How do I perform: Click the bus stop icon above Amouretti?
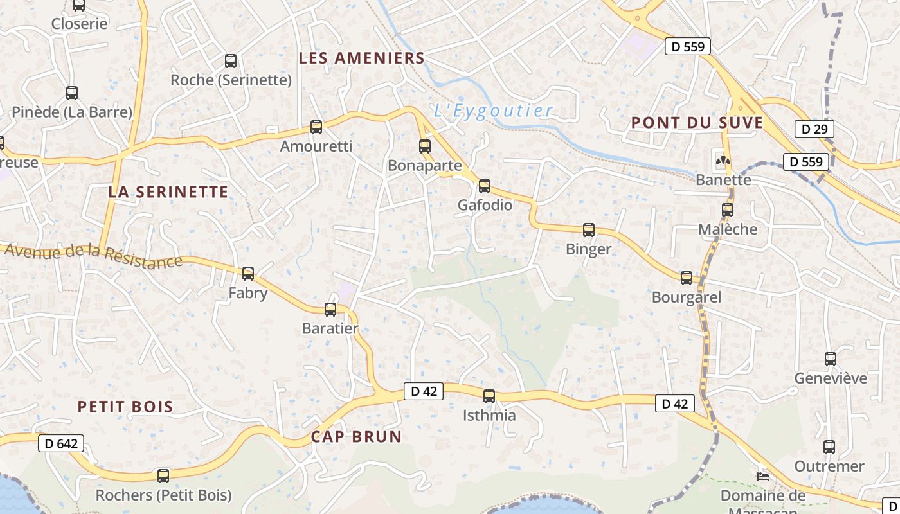(x=316, y=127)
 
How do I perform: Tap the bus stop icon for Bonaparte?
(x=425, y=146)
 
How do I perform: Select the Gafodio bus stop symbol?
(x=485, y=186)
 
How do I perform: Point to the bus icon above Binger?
(x=589, y=229)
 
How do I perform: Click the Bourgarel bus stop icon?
(x=687, y=278)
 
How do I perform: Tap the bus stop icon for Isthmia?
(x=489, y=396)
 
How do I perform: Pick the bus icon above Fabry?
(x=248, y=274)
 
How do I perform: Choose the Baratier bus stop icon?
(x=330, y=310)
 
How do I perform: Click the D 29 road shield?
(x=814, y=129)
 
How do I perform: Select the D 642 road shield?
(x=62, y=443)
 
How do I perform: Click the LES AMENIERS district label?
(x=362, y=58)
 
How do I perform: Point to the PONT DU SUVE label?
(x=697, y=123)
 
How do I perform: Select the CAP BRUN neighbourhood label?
(x=356, y=437)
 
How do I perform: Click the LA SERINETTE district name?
(x=168, y=191)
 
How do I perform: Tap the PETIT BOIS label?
(x=125, y=406)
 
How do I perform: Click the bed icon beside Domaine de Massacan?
(x=763, y=476)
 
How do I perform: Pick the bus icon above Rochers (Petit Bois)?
(x=163, y=476)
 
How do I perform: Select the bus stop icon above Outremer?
(x=829, y=447)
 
